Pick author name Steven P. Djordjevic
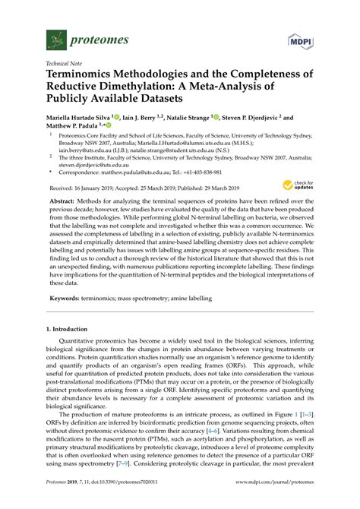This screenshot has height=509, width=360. tap(263, 119)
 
